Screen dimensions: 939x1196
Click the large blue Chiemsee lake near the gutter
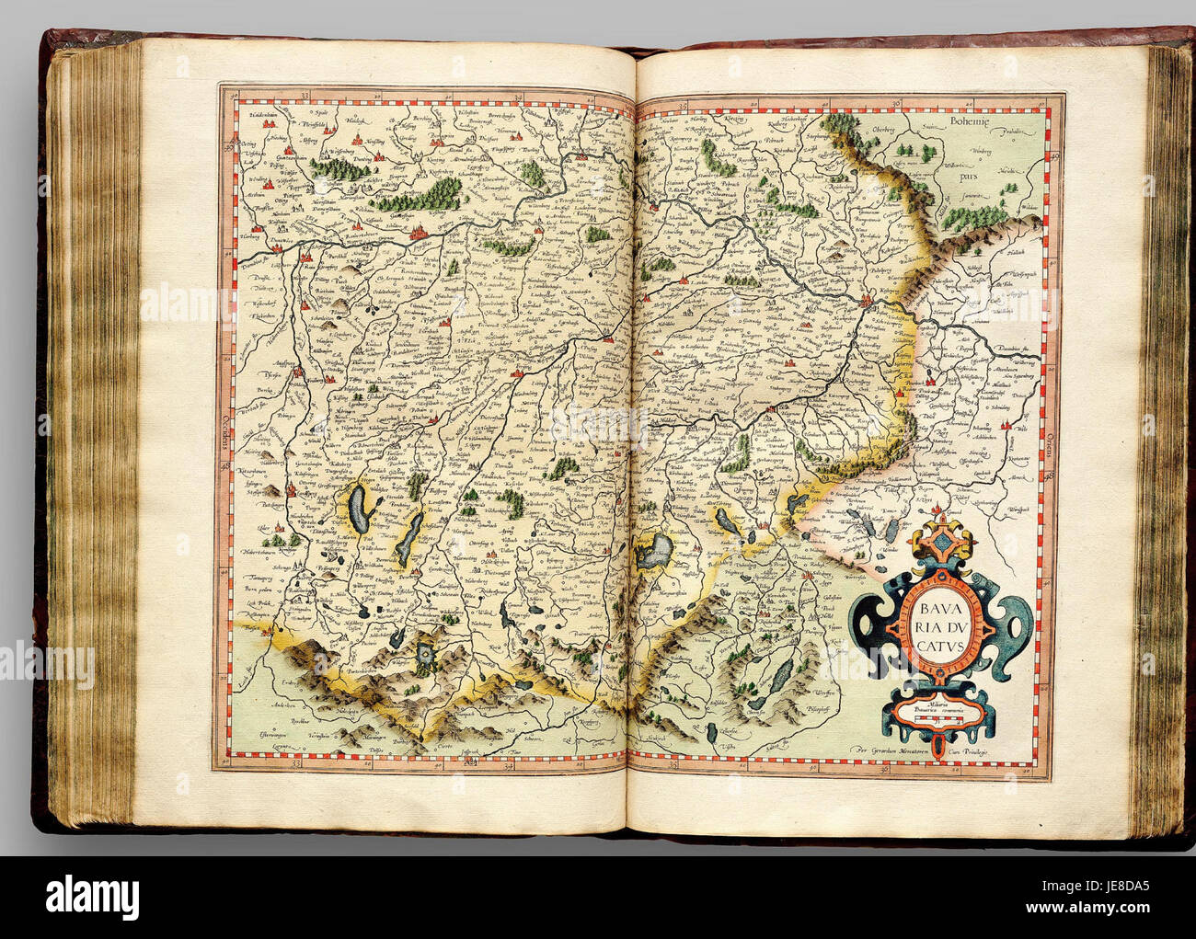pos(660,553)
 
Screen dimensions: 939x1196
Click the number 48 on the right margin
pos(1050,476)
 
